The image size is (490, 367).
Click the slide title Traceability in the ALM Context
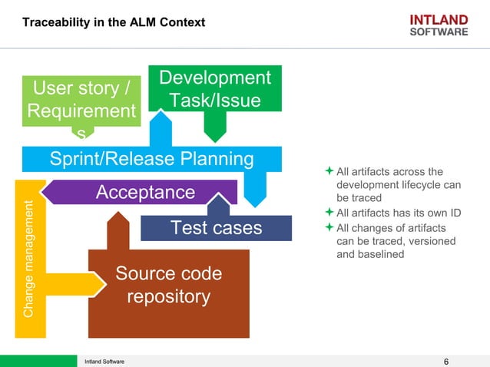114,22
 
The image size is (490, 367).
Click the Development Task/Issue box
215,89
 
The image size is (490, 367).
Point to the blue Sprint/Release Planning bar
151,159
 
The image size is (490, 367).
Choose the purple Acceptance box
145,191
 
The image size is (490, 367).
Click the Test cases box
216,228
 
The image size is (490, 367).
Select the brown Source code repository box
168,286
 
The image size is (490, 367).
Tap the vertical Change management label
28,259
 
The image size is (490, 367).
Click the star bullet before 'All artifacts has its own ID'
329,212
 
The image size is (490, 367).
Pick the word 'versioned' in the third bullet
429,241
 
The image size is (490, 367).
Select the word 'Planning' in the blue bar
218,159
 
